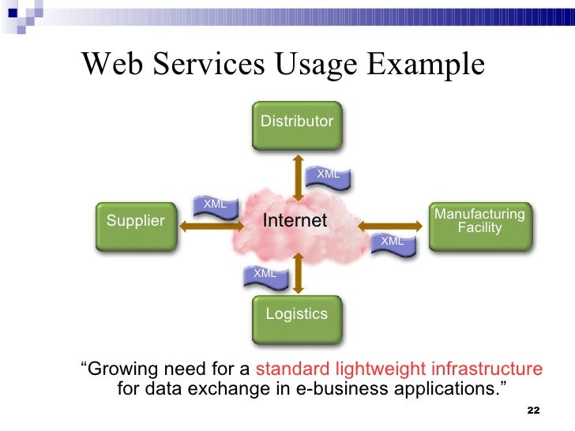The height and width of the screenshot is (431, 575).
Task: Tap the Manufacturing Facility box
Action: point(479,223)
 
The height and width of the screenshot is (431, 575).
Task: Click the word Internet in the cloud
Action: point(295,221)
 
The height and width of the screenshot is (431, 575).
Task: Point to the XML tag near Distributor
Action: point(328,174)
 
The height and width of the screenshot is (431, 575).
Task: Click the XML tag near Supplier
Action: point(215,204)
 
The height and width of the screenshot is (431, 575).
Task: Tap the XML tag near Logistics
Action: point(265,274)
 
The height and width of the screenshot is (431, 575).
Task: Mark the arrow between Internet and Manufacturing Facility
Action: point(391,223)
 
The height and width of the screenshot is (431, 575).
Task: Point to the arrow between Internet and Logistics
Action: point(296,272)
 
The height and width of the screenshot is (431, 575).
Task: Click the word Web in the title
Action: point(110,64)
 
